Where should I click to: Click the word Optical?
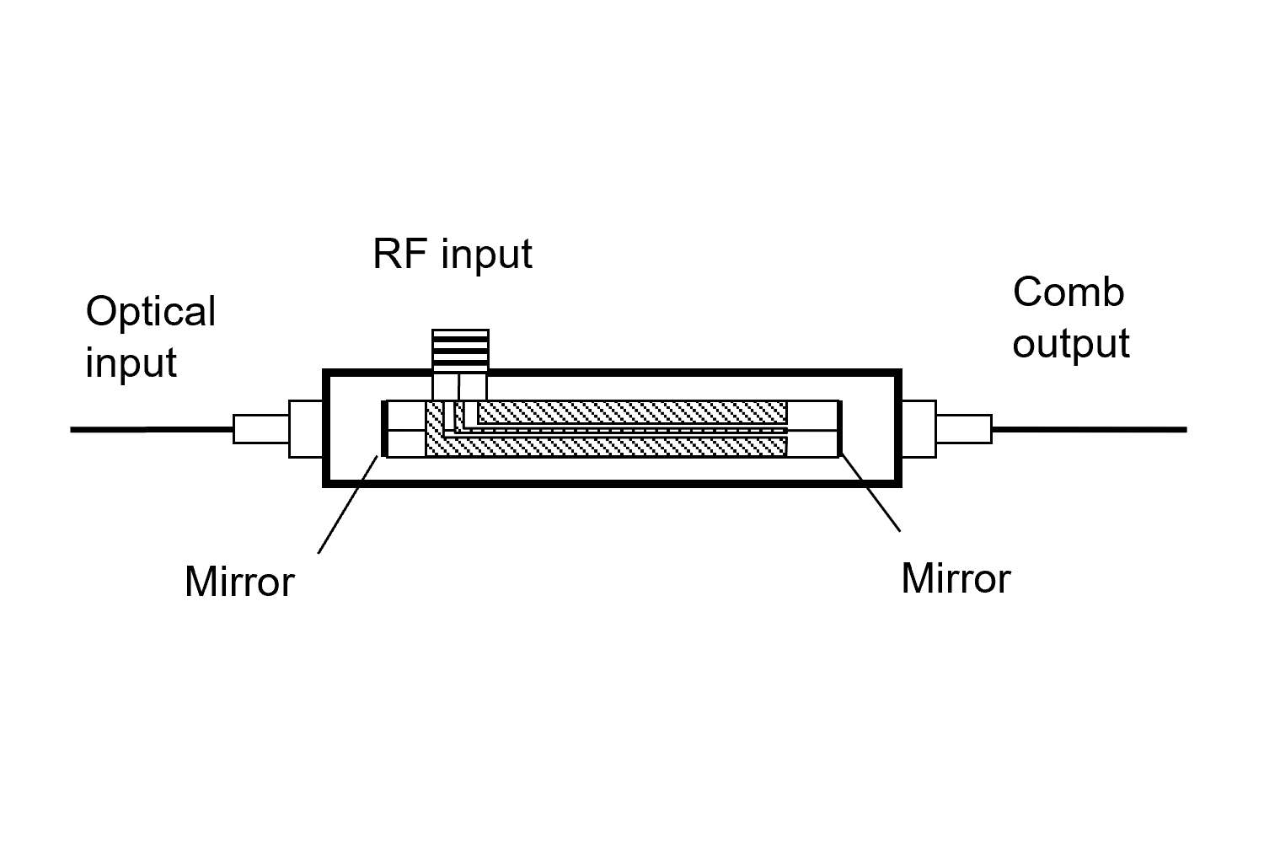[x=151, y=312]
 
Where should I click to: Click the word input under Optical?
[x=131, y=362]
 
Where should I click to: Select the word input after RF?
[x=487, y=255]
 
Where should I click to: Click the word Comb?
[x=1069, y=293]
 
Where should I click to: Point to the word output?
[x=1071, y=344]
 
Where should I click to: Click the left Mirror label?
[x=239, y=582]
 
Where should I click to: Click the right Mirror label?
[x=956, y=579]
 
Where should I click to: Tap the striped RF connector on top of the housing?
[x=459, y=349]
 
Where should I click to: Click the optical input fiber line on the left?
[x=152, y=430]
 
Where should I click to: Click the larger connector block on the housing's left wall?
[x=306, y=429]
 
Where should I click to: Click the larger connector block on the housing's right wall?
[x=919, y=429]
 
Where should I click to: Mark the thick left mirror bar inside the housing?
[x=384, y=429]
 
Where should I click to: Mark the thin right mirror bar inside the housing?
[x=840, y=429]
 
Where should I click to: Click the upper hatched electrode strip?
[x=632, y=412]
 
